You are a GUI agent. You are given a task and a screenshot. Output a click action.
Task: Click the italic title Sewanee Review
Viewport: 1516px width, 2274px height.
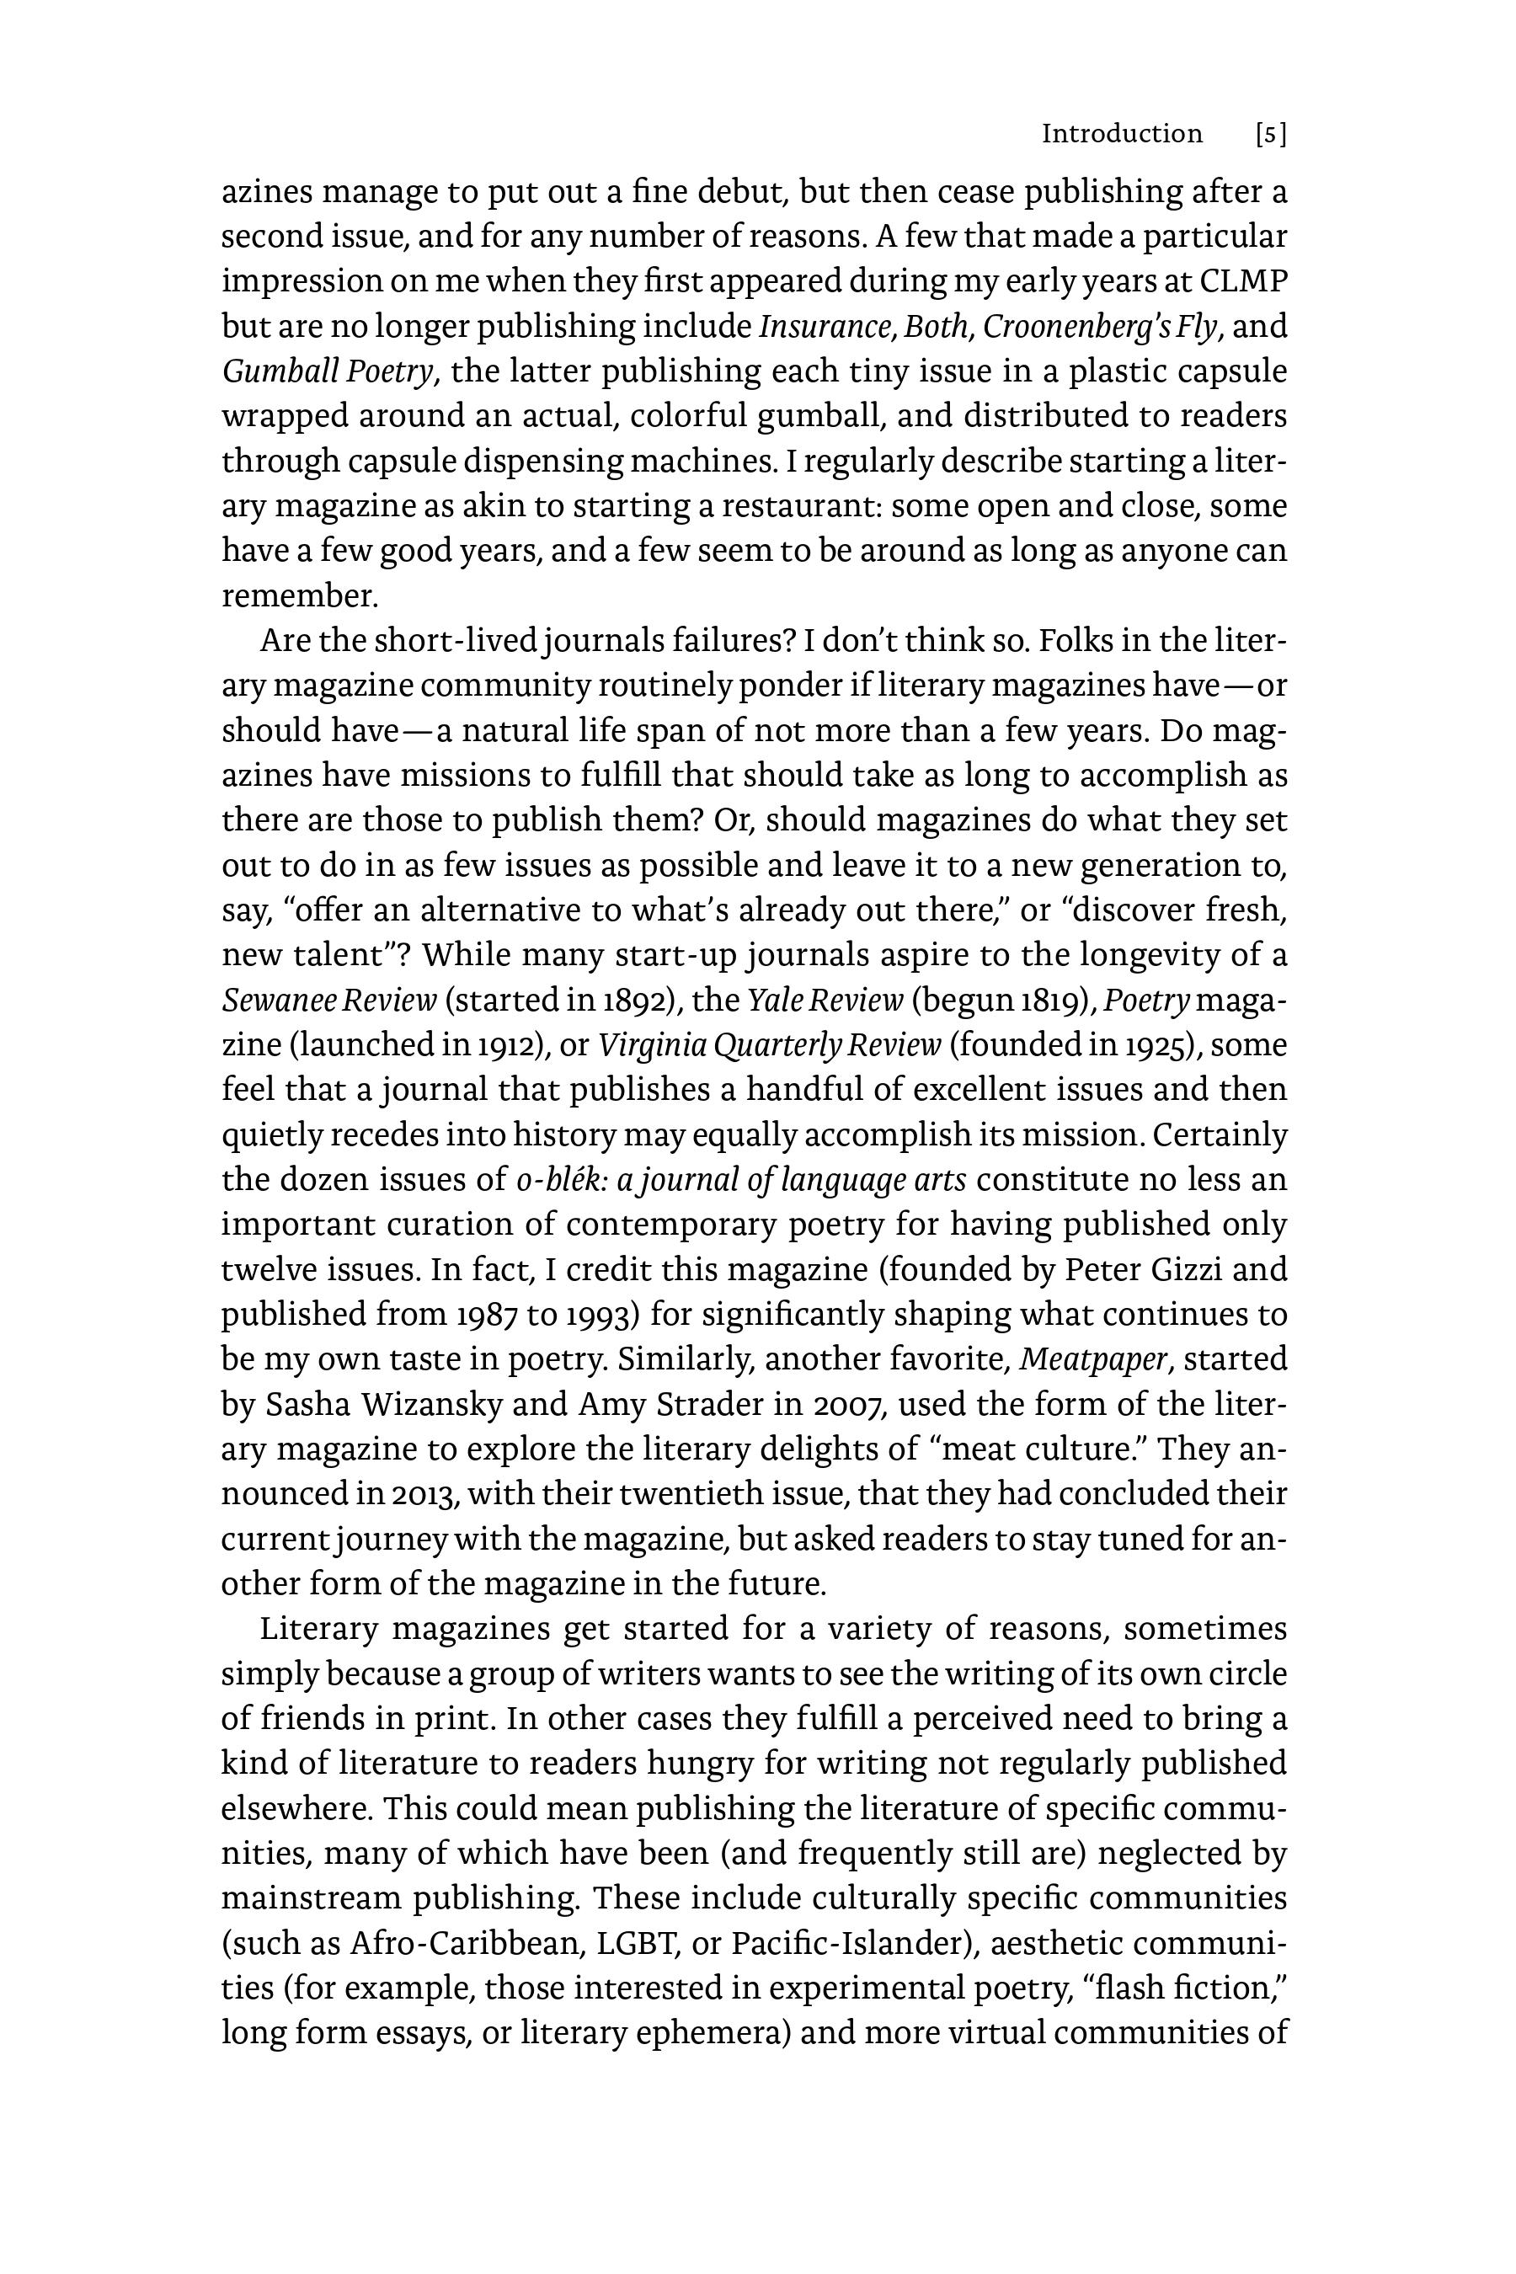point(328,1000)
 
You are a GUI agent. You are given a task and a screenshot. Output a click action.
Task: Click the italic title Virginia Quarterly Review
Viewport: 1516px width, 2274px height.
point(770,1045)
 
